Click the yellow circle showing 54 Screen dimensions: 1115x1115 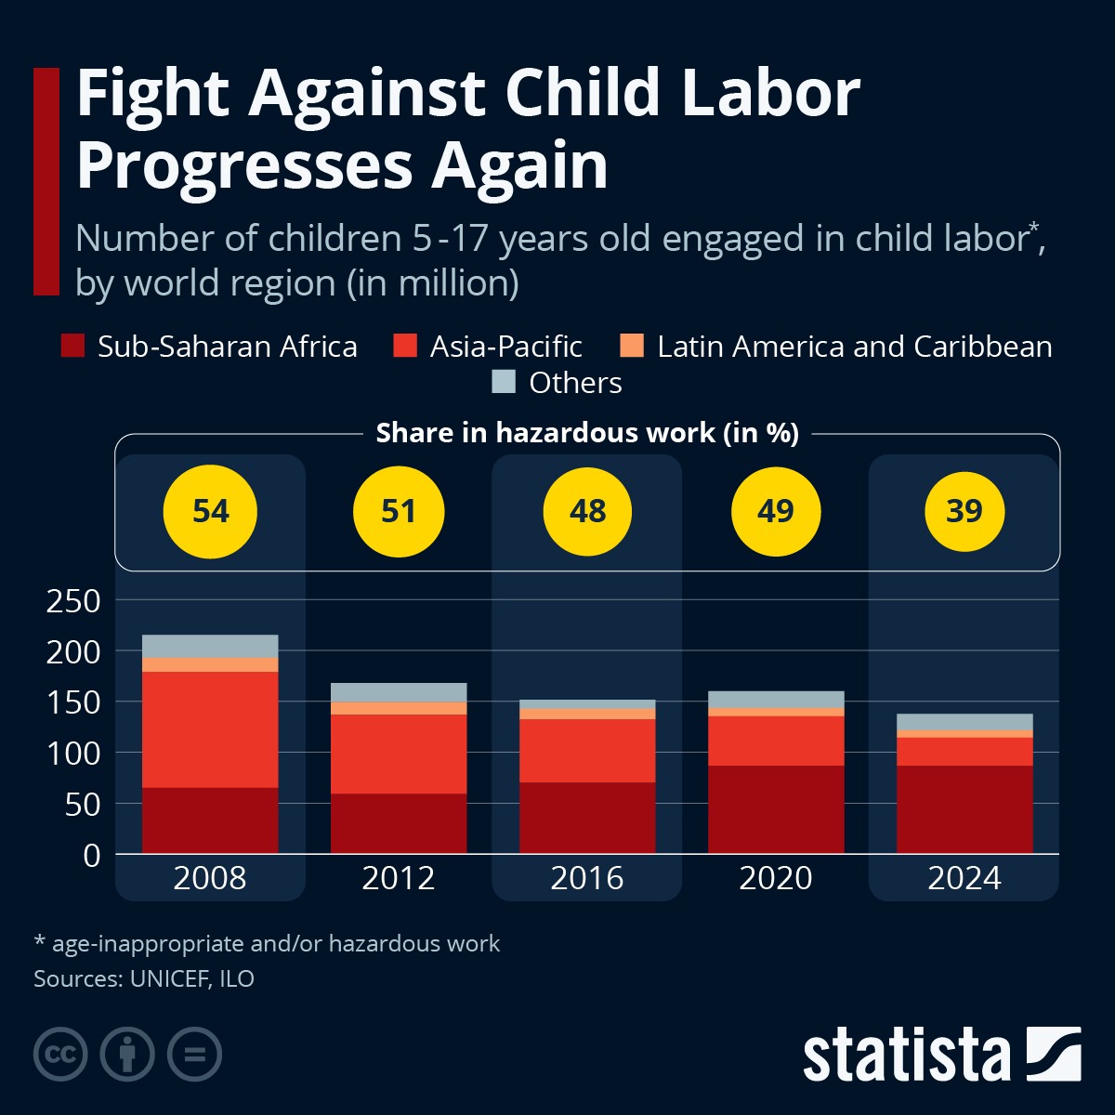pyautogui.click(x=210, y=512)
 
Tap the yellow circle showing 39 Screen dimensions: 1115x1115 pyautogui.click(x=964, y=512)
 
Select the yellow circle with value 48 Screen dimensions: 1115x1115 pyautogui.click(x=587, y=512)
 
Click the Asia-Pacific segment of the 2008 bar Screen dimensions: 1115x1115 pyautogui.click(x=210, y=729)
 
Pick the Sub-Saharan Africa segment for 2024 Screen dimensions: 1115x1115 pyautogui.click(x=964, y=809)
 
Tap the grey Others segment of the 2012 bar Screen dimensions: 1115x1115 pyautogui.click(x=399, y=692)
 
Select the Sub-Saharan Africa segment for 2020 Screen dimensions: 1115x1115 pyautogui.click(x=776, y=809)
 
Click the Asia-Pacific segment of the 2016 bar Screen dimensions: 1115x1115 pyautogui.click(x=587, y=751)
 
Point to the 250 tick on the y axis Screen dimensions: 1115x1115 pyautogui.click(x=72, y=601)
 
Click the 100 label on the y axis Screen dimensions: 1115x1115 pyautogui.click(x=72, y=754)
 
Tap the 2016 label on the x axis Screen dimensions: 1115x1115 pyautogui.click(x=587, y=878)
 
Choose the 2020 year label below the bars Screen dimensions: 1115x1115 pyautogui.click(x=776, y=878)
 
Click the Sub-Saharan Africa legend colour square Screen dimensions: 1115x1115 pyautogui.click(x=72, y=347)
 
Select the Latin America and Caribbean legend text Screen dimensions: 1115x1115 pyautogui.click(x=854, y=347)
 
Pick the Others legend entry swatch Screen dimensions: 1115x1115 pyautogui.click(x=503, y=382)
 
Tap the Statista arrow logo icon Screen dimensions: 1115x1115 pyautogui.click(x=1053, y=1054)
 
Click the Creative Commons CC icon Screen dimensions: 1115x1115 pyautogui.click(x=60, y=1055)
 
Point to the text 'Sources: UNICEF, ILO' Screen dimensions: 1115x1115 pyautogui.click(x=144, y=978)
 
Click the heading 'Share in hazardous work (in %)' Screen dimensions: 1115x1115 pyautogui.click(x=587, y=433)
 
